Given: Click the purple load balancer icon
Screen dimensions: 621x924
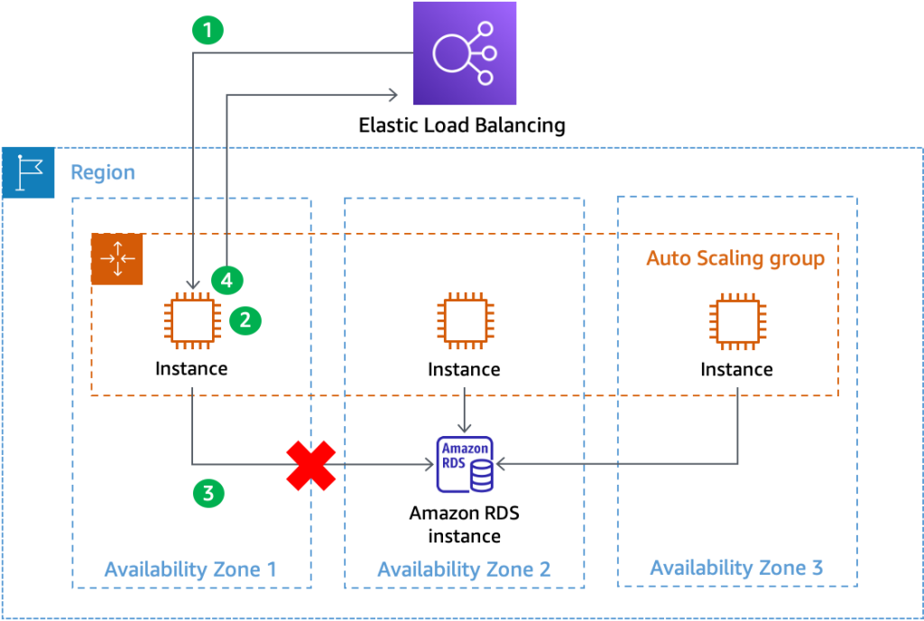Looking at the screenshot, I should tap(465, 53).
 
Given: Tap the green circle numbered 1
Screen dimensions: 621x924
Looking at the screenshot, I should tap(208, 30).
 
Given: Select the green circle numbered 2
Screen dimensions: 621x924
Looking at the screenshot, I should tap(245, 319).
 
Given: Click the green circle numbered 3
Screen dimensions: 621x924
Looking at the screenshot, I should tap(208, 493).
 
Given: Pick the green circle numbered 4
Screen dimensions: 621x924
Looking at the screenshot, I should tap(226, 281).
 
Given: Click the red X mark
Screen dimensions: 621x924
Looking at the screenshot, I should tap(311, 466).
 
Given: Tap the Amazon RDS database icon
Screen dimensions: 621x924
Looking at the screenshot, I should tap(465, 465).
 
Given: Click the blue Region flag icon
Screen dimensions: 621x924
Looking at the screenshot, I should tap(28, 171).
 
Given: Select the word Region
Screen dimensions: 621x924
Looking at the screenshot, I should tap(103, 172).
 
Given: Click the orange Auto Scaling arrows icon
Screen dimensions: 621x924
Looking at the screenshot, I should tap(117, 259).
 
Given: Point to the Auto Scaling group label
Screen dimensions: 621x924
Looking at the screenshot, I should tap(735, 259).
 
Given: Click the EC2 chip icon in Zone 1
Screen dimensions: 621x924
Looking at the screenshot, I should tap(192, 320).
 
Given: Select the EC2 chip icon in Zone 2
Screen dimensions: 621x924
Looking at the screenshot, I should tap(465, 320).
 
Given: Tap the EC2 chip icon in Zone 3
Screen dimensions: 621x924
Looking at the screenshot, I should tap(738, 320).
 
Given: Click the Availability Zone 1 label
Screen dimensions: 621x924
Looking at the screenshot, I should tap(190, 570).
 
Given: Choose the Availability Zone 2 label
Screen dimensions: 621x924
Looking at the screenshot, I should tap(463, 570).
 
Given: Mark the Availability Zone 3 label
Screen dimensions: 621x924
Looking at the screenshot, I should tap(736, 568).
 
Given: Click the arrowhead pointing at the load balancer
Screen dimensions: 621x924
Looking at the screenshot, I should tap(393, 95).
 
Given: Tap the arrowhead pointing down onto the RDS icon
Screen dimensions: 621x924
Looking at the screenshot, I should tap(464, 428).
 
